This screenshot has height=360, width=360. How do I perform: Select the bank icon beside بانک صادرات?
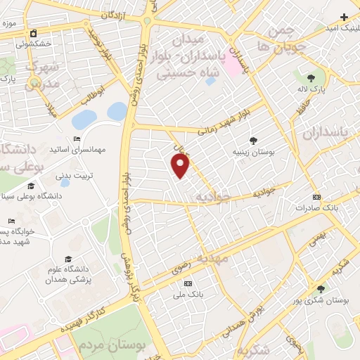pos(316,197)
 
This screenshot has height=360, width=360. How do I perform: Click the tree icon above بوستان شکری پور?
pos(321,288)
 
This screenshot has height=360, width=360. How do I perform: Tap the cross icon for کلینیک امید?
pos(344,17)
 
